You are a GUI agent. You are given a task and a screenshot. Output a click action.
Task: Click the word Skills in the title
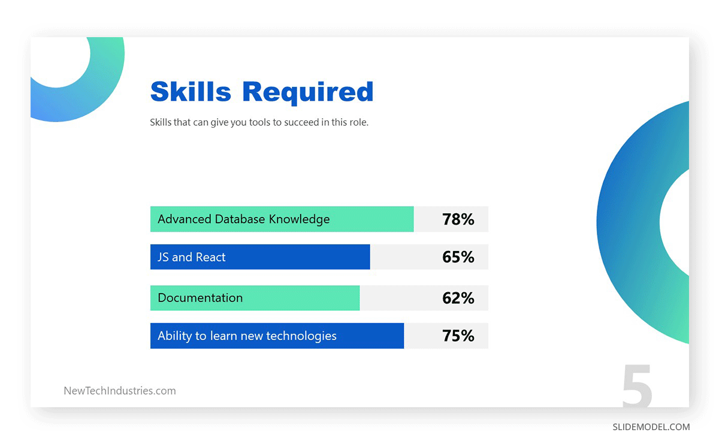(x=190, y=92)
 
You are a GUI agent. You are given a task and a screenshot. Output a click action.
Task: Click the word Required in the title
(x=308, y=92)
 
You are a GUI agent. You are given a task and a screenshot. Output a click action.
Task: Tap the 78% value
(x=458, y=219)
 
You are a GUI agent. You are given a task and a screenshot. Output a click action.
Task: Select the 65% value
(x=458, y=257)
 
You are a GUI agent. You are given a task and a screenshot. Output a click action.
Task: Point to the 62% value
(x=458, y=298)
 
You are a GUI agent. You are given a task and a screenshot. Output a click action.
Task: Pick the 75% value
(x=458, y=336)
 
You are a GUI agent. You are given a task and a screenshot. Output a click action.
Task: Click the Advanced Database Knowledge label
(x=243, y=219)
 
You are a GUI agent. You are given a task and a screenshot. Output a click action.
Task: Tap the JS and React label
(x=191, y=257)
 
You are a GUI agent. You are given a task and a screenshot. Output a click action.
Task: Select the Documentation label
(x=200, y=298)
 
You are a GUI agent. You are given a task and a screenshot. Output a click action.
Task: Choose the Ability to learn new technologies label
(x=247, y=336)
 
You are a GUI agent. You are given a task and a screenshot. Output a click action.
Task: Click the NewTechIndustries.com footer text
(x=120, y=391)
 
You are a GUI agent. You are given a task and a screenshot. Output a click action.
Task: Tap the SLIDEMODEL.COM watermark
(x=651, y=427)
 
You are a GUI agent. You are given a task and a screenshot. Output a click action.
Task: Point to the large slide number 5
(x=637, y=386)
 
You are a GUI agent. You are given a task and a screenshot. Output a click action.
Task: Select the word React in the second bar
(x=210, y=257)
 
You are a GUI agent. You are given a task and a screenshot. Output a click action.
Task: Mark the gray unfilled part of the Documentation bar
(x=395, y=298)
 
